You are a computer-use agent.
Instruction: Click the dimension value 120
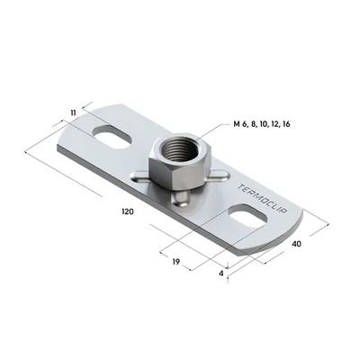click(128, 211)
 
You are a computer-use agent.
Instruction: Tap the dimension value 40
click(297, 244)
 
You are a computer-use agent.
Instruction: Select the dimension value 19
click(176, 262)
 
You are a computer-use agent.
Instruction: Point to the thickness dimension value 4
click(221, 274)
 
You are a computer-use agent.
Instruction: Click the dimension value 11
click(73, 112)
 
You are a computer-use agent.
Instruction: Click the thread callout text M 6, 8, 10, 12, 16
click(262, 124)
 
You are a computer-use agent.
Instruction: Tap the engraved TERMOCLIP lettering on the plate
click(262, 199)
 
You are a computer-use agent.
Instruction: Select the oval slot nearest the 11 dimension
click(112, 137)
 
